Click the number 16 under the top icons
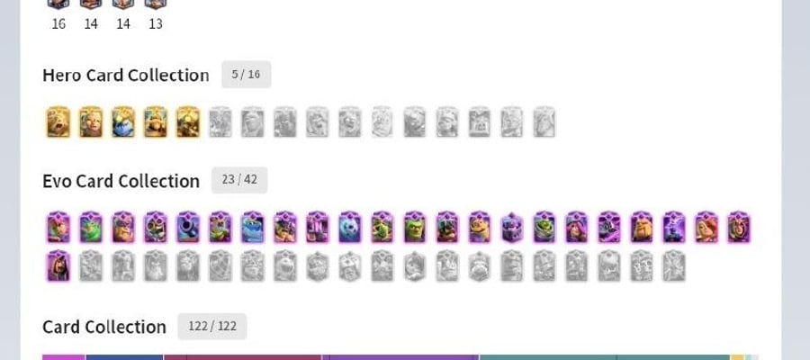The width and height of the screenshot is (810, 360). click(x=58, y=23)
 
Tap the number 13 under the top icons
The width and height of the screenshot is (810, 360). click(x=156, y=23)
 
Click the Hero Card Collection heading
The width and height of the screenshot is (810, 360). click(x=125, y=76)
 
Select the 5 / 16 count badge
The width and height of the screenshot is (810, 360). click(x=246, y=75)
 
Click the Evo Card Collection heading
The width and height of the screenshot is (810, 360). click(x=121, y=181)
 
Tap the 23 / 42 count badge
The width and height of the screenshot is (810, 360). click(x=239, y=180)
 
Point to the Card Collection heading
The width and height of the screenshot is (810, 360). click(x=104, y=327)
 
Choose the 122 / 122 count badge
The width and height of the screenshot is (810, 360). click(x=212, y=327)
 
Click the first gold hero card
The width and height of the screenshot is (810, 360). click(x=58, y=122)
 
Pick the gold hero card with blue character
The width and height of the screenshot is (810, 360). click(x=123, y=122)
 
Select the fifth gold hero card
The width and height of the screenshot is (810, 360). click(x=188, y=122)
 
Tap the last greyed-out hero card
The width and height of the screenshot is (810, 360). click(x=544, y=122)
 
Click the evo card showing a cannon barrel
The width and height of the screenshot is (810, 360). click(x=188, y=228)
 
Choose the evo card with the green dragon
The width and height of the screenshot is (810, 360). click(x=91, y=228)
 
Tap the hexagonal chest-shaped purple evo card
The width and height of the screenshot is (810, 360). click(x=512, y=228)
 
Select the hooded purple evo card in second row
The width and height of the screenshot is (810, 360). click(x=58, y=266)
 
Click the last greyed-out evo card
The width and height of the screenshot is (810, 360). click(x=673, y=266)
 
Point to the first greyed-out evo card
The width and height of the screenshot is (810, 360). click(x=91, y=266)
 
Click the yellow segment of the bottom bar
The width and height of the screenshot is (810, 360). click(x=737, y=357)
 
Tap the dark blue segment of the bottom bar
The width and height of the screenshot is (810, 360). click(x=124, y=357)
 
